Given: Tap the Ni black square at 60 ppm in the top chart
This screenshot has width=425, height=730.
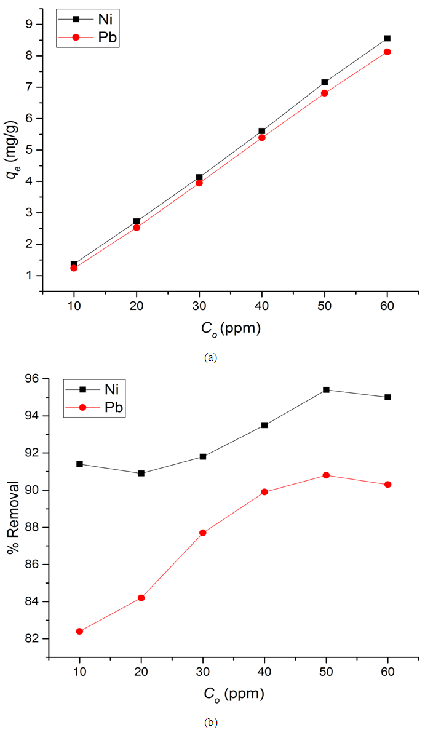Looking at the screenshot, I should [x=387, y=38].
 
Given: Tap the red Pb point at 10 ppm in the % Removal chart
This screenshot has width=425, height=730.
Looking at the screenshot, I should [x=79, y=631].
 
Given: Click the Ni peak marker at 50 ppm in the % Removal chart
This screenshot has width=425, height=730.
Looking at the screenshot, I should [x=326, y=389].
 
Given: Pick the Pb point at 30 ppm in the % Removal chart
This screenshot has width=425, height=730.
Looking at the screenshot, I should [x=203, y=533].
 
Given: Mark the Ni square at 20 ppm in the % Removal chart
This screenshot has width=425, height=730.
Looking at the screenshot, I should [x=141, y=473].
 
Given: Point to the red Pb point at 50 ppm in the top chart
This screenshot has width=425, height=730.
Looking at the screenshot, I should [x=325, y=93].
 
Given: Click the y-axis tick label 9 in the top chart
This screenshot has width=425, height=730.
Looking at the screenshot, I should [x=30, y=25].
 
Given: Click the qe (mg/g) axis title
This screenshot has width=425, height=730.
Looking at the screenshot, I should [x=12, y=150].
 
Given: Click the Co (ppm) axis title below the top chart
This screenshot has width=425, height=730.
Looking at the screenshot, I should [x=231, y=328].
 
